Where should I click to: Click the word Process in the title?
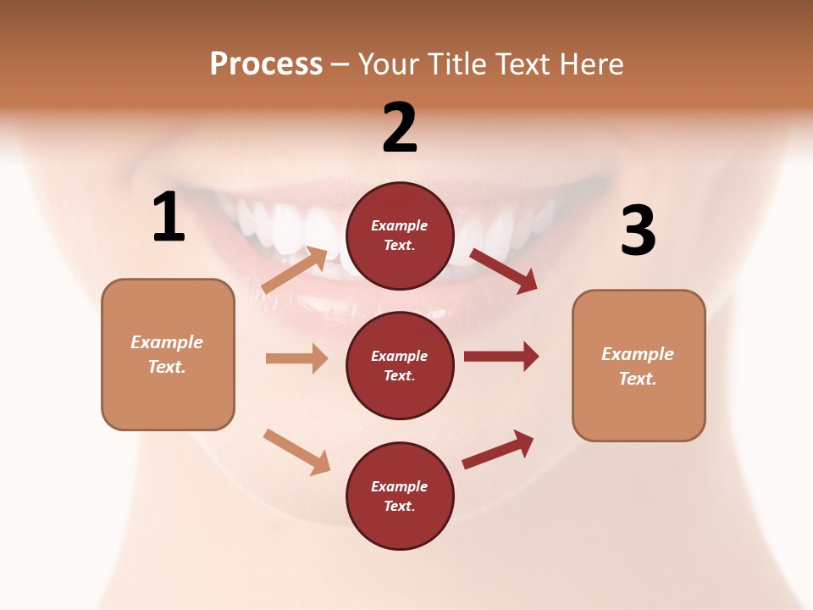pos(266,64)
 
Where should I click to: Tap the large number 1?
pos(169,218)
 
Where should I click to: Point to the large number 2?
pos(400,128)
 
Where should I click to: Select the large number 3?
pos(638,230)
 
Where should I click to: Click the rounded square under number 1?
pos(168,354)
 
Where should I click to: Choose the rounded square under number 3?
pos(639,365)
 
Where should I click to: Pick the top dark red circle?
pos(400,236)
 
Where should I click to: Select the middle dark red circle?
pos(400,365)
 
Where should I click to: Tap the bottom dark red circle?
pos(400,496)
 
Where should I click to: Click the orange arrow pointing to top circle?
pos(296,270)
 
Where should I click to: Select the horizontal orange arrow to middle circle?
pos(296,358)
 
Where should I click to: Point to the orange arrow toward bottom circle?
pos(296,452)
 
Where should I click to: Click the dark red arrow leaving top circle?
pos(504,271)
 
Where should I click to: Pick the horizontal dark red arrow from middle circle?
pos(501,356)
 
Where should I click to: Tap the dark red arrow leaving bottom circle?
pos(498,450)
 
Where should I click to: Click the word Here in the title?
pos(593,64)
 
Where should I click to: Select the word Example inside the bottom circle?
pos(400,486)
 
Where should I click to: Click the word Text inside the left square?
pos(167,367)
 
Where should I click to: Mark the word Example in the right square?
pos(638,354)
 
